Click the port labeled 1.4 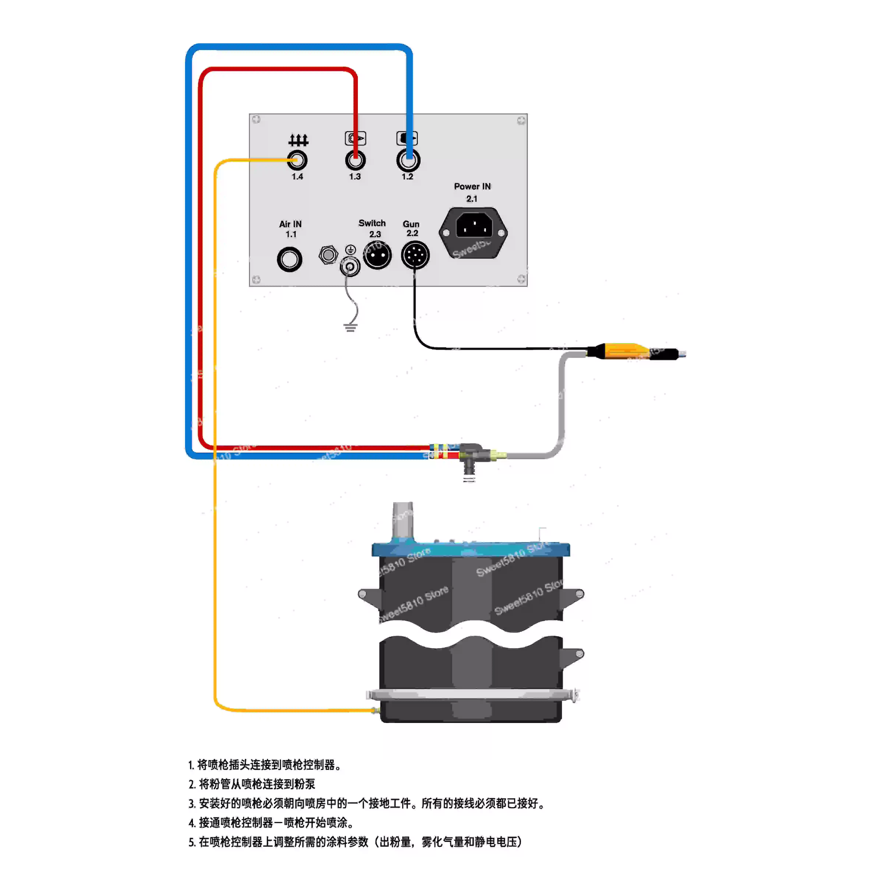click(x=297, y=160)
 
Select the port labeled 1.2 click(x=408, y=160)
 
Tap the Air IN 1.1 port click(x=289, y=260)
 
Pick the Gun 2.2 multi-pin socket click(x=415, y=255)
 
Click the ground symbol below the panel click(x=350, y=327)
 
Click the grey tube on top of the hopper click(x=403, y=520)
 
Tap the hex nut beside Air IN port click(x=328, y=255)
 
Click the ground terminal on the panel click(x=350, y=266)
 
